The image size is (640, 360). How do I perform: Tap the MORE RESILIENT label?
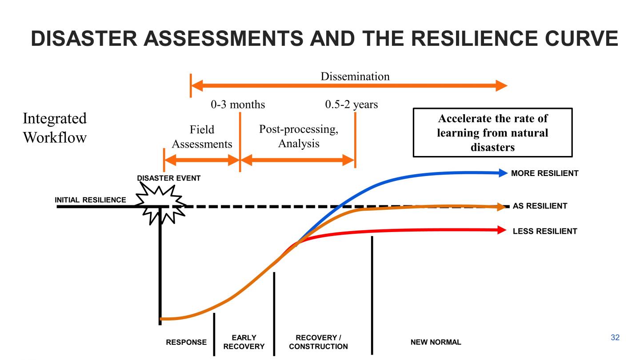[x=544, y=173]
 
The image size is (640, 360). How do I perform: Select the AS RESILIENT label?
[x=540, y=206]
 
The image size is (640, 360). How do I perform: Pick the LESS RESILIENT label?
[x=544, y=231]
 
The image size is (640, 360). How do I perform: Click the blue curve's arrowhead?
[x=503, y=173]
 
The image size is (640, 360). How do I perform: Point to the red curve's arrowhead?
[x=501, y=230]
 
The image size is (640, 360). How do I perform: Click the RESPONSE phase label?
[x=186, y=342]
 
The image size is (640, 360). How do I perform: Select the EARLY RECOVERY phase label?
[x=244, y=342]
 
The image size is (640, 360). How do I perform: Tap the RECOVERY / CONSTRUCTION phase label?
[x=318, y=342]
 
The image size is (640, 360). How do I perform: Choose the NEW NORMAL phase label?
[x=436, y=342]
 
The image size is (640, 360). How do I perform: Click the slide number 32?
[x=615, y=338]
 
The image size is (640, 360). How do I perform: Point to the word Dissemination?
[x=355, y=76]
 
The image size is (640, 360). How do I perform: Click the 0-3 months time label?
[x=237, y=104]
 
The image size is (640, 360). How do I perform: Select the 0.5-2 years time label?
[x=351, y=104]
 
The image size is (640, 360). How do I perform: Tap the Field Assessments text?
[x=202, y=137]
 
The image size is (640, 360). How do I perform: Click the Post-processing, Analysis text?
[x=299, y=136]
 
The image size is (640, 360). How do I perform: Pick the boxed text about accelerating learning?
[x=492, y=132]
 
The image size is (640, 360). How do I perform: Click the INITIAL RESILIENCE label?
[x=90, y=200]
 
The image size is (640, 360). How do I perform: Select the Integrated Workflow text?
[x=54, y=128]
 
